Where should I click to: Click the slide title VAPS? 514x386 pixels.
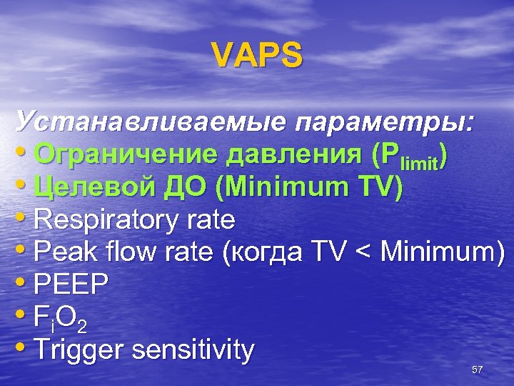[x=257, y=55]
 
